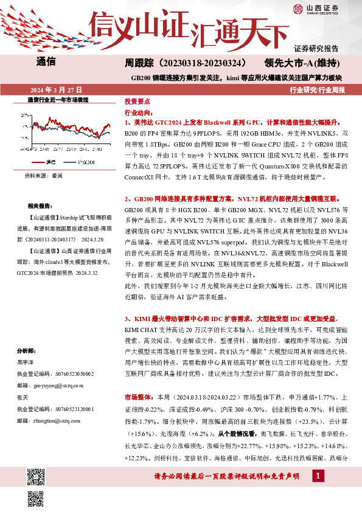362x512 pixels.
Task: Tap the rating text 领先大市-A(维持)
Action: tap(306, 63)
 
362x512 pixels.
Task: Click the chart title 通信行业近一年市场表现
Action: tap(58, 99)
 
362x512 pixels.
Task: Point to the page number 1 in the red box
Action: tap(318, 477)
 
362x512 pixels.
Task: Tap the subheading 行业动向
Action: tap(137, 112)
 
